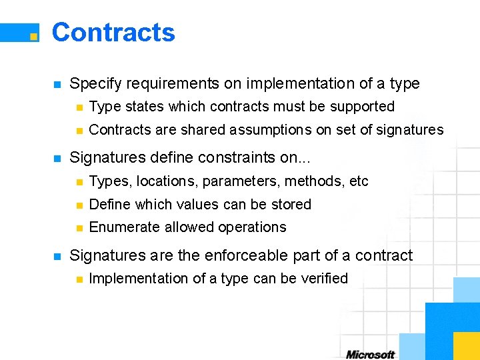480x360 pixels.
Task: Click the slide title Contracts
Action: (x=113, y=33)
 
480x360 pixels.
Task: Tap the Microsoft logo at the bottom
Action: (x=371, y=354)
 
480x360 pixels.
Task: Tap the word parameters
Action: (x=237, y=181)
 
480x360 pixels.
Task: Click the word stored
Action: (x=291, y=205)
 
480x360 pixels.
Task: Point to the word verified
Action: (x=324, y=279)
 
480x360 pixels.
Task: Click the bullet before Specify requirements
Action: (x=57, y=85)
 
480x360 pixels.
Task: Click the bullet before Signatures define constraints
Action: (x=57, y=159)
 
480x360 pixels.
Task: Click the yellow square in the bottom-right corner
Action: (x=466, y=345)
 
